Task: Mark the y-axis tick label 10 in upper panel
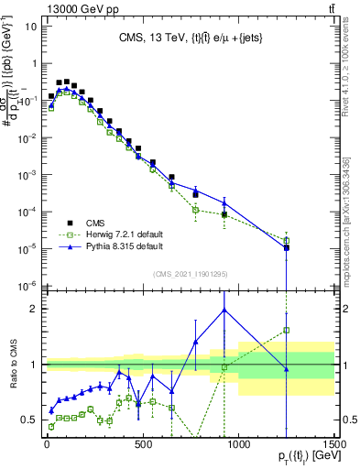(x=29, y=27)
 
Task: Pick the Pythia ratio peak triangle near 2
(x=224, y=310)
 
